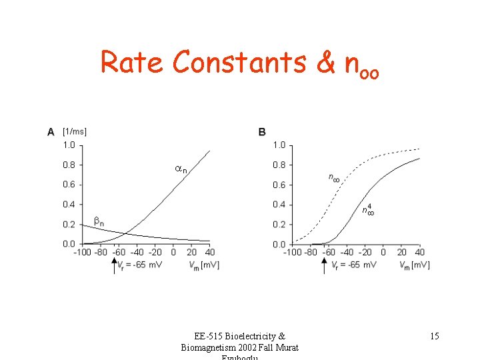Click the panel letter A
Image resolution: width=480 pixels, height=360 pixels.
51,132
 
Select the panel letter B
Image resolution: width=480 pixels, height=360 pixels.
262,132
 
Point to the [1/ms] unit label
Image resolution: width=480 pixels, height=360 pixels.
75,131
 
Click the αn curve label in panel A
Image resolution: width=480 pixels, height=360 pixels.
181,170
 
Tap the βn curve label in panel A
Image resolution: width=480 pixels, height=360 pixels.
98,221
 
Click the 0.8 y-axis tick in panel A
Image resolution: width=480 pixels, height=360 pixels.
69,165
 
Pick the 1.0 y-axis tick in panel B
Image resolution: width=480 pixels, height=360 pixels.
279,145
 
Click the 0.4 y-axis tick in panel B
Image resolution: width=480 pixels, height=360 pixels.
279,205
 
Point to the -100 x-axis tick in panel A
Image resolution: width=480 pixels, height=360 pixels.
82,253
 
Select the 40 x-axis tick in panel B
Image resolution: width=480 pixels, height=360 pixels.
420,253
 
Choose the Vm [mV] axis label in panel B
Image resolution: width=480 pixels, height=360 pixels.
414,265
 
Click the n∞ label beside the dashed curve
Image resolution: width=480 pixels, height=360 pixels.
333,177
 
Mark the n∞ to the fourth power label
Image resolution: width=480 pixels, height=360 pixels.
367,210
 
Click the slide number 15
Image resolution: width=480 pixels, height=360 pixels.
434,337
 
